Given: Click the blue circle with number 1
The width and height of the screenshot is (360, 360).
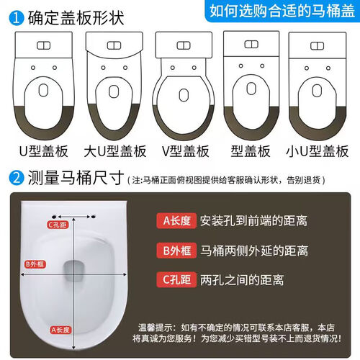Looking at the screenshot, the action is click(17, 18).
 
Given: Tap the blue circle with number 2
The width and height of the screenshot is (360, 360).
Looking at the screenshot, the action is click(17, 178).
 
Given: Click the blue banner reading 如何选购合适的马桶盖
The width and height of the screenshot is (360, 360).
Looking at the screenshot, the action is click(282, 11).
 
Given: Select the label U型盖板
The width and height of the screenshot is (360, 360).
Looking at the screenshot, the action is click(43, 151).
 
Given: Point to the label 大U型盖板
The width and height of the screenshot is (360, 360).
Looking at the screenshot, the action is click(115, 151).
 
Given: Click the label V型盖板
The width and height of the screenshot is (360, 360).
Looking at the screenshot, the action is click(186, 151).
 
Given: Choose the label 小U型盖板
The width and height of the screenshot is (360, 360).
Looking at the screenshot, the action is click(318, 151).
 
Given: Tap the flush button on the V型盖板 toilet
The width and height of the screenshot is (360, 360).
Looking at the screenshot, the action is click(184, 45).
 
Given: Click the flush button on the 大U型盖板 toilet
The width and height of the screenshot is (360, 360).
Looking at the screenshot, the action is click(114, 45).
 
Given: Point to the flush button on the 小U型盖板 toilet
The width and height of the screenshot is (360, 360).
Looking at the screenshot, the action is click(318, 45).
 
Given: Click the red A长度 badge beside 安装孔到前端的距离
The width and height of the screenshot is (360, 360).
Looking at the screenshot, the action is click(176, 221).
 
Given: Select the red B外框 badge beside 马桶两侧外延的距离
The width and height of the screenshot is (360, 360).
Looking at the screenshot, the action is click(176, 251).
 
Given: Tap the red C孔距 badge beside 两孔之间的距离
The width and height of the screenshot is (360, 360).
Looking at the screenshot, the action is click(176, 279).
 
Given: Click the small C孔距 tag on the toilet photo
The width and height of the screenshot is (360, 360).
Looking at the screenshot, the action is click(58, 225).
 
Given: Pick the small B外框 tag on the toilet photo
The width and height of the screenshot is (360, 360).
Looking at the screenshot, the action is click(35, 264).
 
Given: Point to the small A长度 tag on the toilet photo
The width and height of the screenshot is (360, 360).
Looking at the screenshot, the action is click(60, 330).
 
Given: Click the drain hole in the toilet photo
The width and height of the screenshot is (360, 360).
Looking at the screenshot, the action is click(75, 271).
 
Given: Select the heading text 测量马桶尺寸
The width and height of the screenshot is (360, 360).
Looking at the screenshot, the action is click(76, 178).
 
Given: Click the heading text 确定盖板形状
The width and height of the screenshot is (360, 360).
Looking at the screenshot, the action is click(76, 18).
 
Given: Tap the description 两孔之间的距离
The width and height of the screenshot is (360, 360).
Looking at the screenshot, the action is click(242, 280).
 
